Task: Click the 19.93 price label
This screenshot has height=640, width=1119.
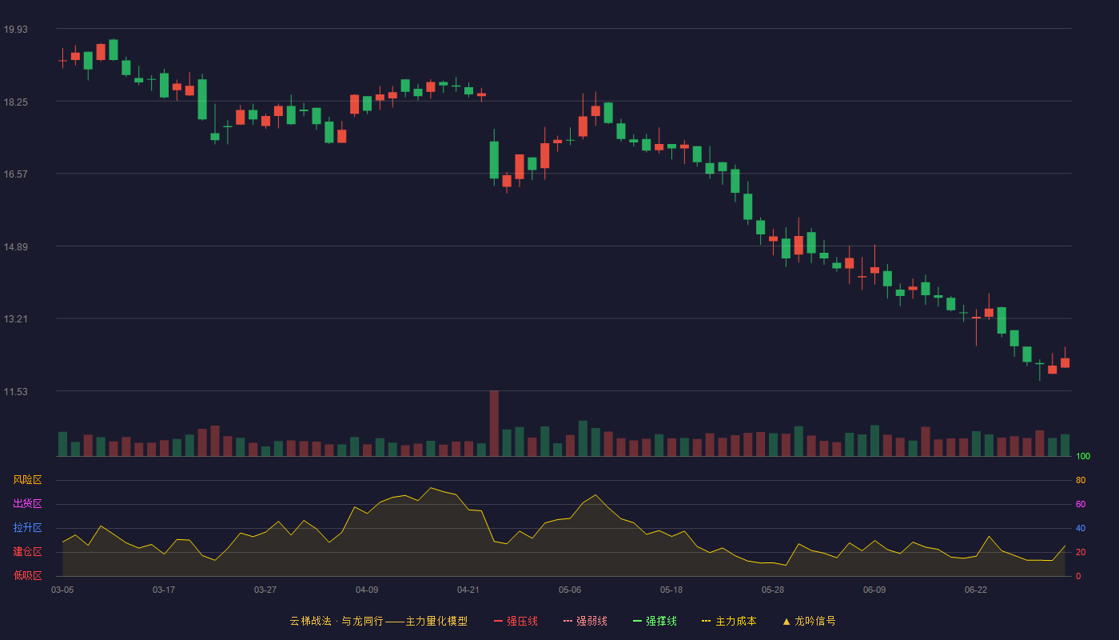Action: [15, 30]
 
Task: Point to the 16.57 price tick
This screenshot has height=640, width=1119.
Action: [15, 174]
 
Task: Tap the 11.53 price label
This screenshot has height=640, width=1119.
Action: [15, 392]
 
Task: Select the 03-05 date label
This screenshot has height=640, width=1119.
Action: [62, 590]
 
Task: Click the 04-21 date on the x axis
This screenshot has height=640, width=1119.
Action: [468, 590]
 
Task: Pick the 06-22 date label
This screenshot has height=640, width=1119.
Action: [976, 590]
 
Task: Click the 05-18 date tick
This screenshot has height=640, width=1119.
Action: [671, 590]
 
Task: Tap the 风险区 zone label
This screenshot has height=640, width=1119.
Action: [27, 480]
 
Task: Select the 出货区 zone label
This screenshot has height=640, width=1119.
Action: [27, 503]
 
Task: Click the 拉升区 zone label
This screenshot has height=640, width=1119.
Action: [27, 527]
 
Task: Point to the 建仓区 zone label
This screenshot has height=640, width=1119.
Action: [27, 551]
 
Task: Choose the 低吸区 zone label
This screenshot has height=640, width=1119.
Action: [27, 575]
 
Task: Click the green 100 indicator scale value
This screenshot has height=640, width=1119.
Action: [1083, 456]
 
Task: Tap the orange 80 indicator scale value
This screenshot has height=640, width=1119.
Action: [1081, 480]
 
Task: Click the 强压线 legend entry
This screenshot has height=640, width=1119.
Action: [516, 621]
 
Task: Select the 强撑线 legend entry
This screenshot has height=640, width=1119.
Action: [655, 621]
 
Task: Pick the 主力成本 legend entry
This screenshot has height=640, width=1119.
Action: [729, 621]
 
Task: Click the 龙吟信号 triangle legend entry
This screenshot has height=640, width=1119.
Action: [809, 621]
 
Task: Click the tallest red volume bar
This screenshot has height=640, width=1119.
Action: [494, 423]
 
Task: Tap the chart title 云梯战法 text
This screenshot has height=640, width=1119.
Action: [311, 621]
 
